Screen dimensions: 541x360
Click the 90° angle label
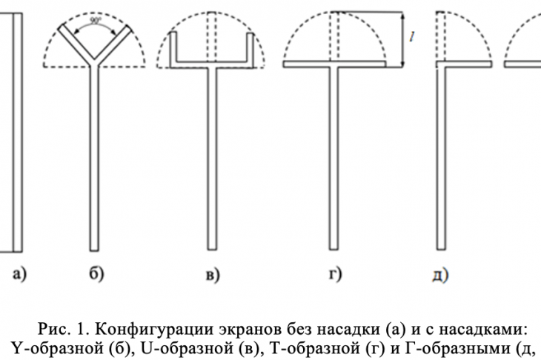pyautogui.click(x=95, y=21)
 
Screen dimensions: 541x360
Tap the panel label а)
pyautogui.click(x=20, y=275)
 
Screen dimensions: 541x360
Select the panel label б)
pyautogui.click(x=96, y=274)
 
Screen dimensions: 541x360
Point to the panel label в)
pyautogui.click(x=213, y=275)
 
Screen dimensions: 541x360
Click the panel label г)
pyautogui.click(x=335, y=274)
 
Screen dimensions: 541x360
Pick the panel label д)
pyautogui.click(x=440, y=275)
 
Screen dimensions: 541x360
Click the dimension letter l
pyautogui.click(x=412, y=36)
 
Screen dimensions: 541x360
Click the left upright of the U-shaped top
pyautogui.click(x=173, y=47)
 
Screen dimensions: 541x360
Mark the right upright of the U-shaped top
pyautogui.click(x=250, y=47)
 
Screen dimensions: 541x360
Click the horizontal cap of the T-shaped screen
pyautogui.click(x=334, y=64)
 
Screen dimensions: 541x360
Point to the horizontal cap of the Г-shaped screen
pyautogui.click(x=465, y=64)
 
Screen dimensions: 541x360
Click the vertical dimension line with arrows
pyautogui.click(x=402, y=39)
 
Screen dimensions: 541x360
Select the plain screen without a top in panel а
pyautogui.click(x=18, y=133)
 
